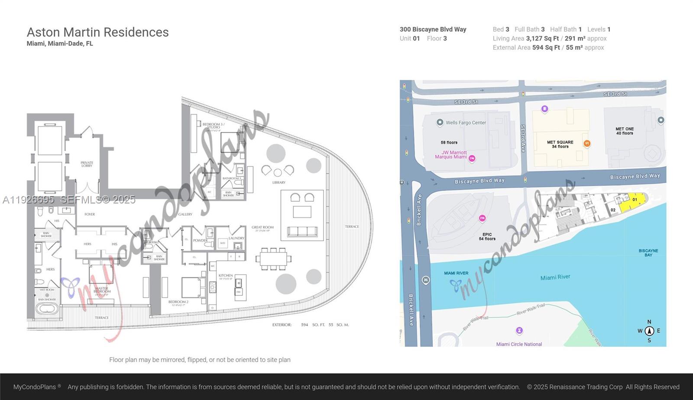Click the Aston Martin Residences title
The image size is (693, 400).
pyautogui.click(x=97, y=32)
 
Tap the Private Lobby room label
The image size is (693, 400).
pyautogui.click(x=87, y=164)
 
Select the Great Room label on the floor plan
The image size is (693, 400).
pyautogui.click(x=262, y=227)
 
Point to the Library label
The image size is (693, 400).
pyautogui.click(x=278, y=182)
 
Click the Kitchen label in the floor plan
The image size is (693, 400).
pyautogui.click(x=226, y=275)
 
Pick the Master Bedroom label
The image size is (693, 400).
pyautogui.click(x=102, y=290)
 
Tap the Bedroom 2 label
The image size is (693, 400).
pyautogui.click(x=178, y=302)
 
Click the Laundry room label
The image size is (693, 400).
pyautogui.click(x=236, y=238)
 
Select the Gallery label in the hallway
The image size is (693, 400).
pyautogui.click(x=185, y=214)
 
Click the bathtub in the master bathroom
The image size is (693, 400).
pyautogui.click(x=47, y=309)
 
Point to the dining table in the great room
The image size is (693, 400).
pyautogui.click(x=273, y=259)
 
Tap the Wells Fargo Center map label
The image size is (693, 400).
pyautogui.click(x=466, y=123)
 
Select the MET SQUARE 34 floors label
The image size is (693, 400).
pyautogui.click(x=560, y=144)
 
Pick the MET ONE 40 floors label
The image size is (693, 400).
pyautogui.click(x=625, y=131)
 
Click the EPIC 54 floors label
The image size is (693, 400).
pyautogui.click(x=487, y=236)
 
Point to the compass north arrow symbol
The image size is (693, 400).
pyautogui.click(x=649, y=331)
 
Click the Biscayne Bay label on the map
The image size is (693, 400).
pyautogui.click(x=648, y=252)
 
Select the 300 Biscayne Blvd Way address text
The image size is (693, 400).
pyautogui.click(x=433, y=30)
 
